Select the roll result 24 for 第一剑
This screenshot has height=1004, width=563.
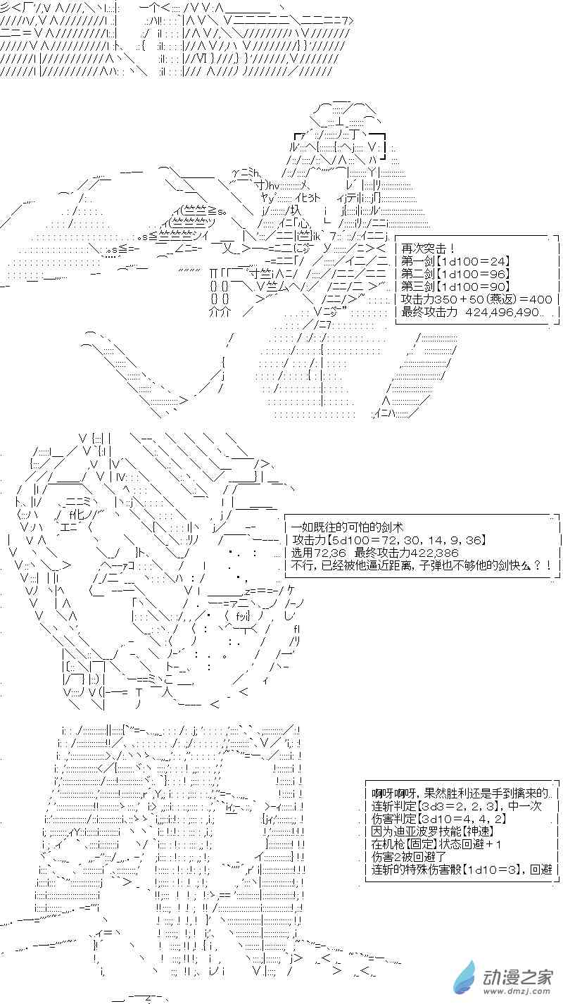[x=499, y=261]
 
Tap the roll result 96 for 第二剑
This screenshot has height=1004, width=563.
[x=499, y=274]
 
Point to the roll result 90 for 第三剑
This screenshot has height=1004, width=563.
[x=499, y=287]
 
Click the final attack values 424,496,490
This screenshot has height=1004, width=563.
[x=502, y=312]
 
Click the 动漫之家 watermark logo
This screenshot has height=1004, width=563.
[x=504, y=976]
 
